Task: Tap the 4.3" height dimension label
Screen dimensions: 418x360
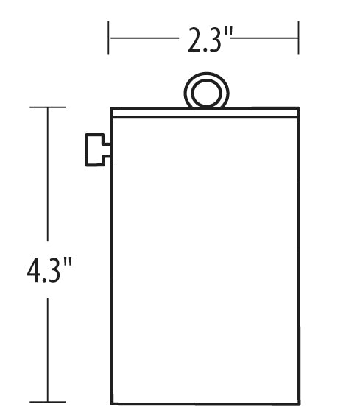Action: (x=48, y=271)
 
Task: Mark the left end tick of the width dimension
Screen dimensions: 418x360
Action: (x=109, y=38)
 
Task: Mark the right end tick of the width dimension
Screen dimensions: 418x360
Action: (x=298, y=38)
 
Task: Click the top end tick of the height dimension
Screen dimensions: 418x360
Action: (x=48, y=107)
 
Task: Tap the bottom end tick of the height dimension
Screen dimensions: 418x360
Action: (x=48, y=402)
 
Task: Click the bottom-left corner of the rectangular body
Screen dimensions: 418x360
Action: (x=112, y=404)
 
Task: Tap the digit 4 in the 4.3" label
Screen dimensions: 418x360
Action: (x=33, y=271)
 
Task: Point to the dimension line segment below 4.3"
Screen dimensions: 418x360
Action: (x=48, y=346)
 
